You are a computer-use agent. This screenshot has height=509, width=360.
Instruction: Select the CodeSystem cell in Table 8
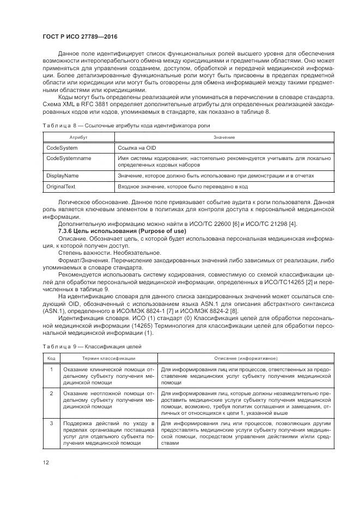click(62, 148)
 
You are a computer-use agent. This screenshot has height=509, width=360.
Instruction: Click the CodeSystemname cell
click(69, 158)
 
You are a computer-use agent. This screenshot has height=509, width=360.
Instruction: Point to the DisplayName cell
click(63, 176)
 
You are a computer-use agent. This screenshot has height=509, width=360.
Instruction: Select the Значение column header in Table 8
click(224, 137)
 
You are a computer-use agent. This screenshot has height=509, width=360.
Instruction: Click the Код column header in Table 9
click(51, 358)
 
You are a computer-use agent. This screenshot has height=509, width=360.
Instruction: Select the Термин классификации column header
click(109, 358)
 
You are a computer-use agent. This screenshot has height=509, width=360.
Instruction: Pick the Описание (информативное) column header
click(246, 358)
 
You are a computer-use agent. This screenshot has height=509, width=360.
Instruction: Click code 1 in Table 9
click(51, 370)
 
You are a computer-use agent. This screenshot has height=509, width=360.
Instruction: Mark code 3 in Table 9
click(51, 423)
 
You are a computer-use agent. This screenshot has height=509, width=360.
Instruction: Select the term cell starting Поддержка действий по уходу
click(109, 433)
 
